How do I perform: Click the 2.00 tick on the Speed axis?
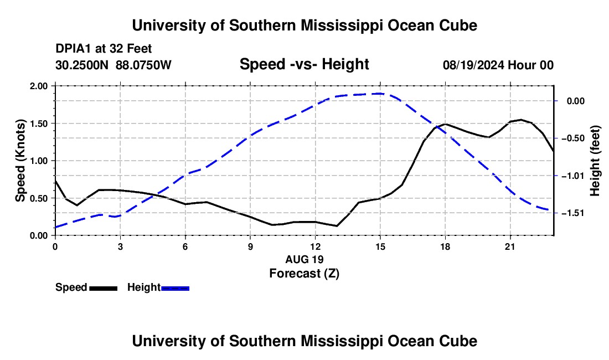pos(38,86)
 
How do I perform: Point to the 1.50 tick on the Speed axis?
pos(38,124)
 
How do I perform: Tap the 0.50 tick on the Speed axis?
pos(38,198)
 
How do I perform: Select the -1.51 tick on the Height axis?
pos(575,213)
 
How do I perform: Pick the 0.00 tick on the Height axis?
pos(576,101)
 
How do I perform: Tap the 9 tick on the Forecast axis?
pos(250,246)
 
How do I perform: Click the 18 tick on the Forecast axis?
pos(445,246)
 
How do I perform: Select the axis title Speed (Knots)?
pos(20,161)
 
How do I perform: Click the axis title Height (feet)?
pos(595,161)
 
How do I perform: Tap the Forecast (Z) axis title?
pos(304,274)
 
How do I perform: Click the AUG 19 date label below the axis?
pos(304,259)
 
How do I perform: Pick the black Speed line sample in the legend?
pos(104,289)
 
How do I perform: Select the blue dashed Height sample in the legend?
pos(175,289)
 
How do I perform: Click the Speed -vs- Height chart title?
pos(304,64)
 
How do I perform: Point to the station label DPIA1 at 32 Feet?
pos(104,49)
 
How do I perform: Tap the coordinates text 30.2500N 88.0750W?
pos(113,65)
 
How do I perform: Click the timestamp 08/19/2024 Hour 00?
pos(498,65)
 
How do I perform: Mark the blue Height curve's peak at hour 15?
pos(380,94)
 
